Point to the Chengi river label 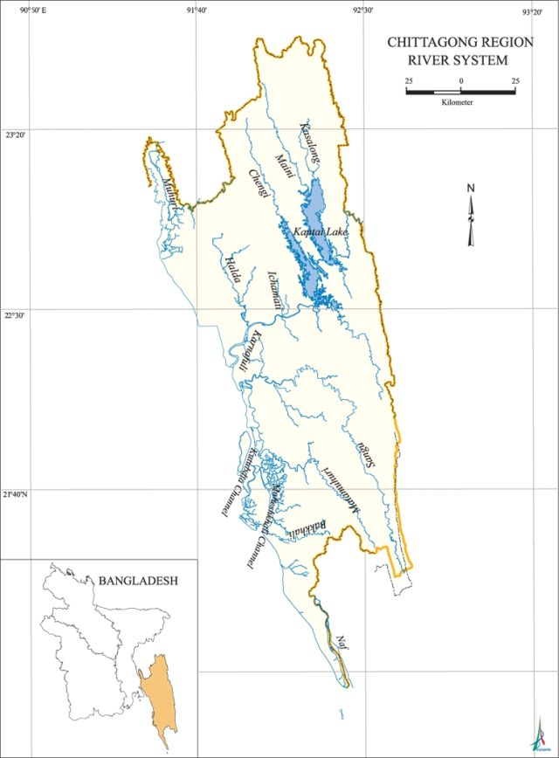tap(258, 185)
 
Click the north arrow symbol tap(471, 215)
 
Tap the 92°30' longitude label tap(363, 10)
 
